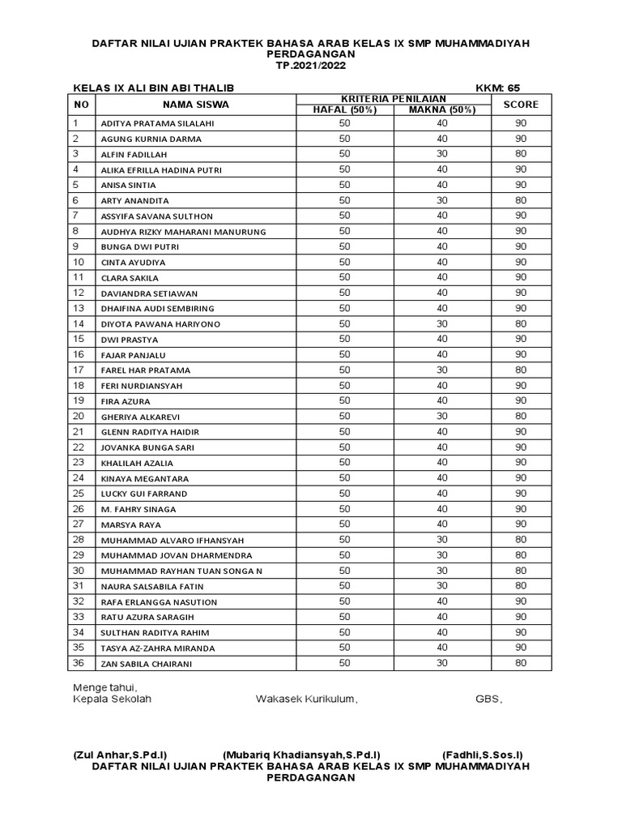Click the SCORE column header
[x=520, y=105]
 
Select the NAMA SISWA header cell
[x=195, y=105]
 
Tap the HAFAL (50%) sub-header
[x=344, y=110]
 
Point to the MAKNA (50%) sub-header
[x=441, y=110]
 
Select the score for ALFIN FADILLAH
[x=520, y=154]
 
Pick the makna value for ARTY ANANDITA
[x=441, y=200]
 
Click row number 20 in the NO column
[x=79, y=416]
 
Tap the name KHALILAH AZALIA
[x=137, y=463]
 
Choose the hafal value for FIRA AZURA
[x=344, y=400]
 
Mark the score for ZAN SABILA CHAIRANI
[x=520, y=663]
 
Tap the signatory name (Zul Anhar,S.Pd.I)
[x=120, y=755]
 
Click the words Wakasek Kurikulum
[x=306, y=699]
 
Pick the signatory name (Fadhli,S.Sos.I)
[x=483, y=755]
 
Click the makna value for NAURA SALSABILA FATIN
[x=441, y=586]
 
